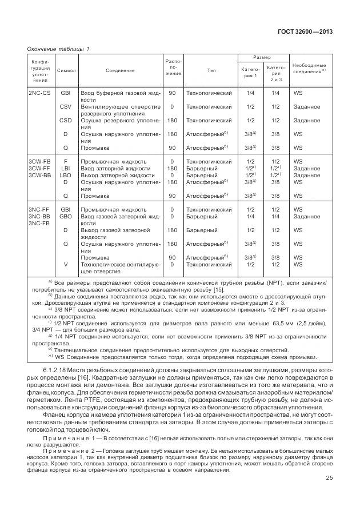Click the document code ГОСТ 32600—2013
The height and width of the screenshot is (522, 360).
coord(310,31)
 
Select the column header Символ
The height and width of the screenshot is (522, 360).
coord(66,70)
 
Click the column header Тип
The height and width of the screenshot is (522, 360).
coord(211,70)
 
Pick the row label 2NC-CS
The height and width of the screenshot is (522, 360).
coord(39,93)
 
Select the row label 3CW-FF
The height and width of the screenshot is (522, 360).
coord(39,169)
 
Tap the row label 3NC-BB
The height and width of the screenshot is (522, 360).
coord(39,217)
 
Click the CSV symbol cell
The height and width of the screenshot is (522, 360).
coord(66,107)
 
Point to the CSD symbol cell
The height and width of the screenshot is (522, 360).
coord(66,121)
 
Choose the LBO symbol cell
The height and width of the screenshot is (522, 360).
coord(66,176)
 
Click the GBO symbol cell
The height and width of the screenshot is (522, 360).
coord(66,217)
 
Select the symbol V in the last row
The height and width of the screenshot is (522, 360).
coord(66,264)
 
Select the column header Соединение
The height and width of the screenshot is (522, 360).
coord(120,70)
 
